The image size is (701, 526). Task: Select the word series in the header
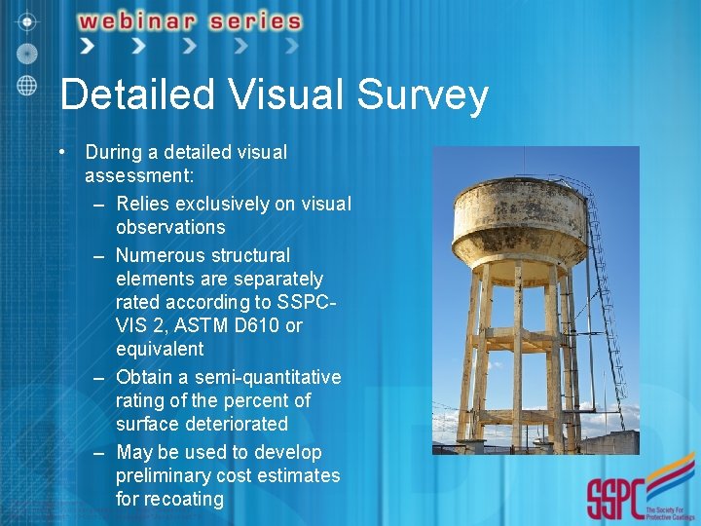(x=254, y=20)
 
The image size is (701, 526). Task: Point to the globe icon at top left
(x=27, y=84)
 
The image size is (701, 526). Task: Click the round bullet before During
(x=61, y=152)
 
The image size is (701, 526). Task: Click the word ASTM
(x=191, y=325)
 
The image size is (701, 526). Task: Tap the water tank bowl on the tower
(x=519, y=219)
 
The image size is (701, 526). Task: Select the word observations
(x=170, y=227)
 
